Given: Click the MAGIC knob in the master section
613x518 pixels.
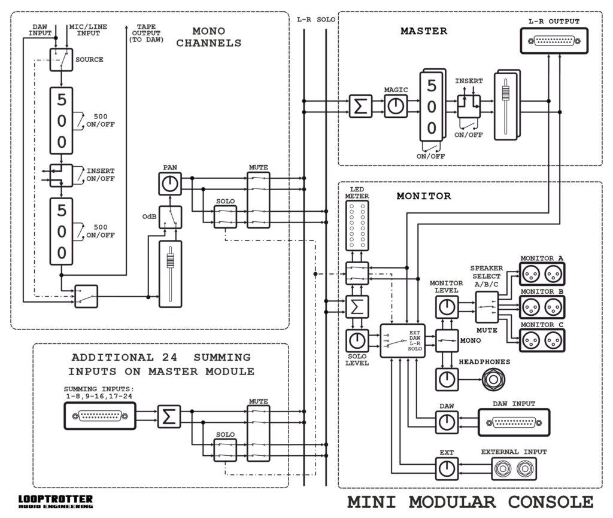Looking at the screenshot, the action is pos(396,106).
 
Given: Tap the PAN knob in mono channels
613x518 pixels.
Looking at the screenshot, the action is pos(170,184).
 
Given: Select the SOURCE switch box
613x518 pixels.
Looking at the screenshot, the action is pos(62,60).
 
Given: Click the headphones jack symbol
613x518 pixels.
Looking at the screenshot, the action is pos(493,379).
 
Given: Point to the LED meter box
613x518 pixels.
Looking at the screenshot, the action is pos(357,226).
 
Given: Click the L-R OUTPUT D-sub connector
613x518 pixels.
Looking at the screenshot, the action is pos(554,41).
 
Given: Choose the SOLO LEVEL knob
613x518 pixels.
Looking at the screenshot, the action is pos(357,340).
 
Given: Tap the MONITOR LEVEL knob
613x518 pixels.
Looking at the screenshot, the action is pos(447,307).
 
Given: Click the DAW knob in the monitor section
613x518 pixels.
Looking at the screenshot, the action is pos(447,422).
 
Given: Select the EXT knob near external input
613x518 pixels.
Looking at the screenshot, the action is pos(447,468).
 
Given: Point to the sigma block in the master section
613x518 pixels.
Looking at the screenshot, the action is pos(360,106).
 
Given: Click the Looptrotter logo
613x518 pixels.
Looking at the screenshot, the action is pos(56,501).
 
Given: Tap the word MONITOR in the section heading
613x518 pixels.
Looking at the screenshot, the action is pos(424,196).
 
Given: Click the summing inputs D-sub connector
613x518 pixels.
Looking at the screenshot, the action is pos(100,416).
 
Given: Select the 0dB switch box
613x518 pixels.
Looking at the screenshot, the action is pos(170,217).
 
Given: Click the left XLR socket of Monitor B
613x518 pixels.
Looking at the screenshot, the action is pos(531,307).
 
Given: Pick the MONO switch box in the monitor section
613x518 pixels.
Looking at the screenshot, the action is pos(447,340).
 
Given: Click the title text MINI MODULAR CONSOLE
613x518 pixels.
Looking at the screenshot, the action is pos(471,502).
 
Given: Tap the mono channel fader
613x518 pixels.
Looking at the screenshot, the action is pos(170,274).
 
